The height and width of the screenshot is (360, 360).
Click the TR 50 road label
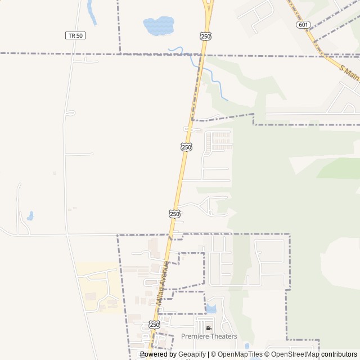point(75,35)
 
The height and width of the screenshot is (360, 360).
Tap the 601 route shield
point(303,25)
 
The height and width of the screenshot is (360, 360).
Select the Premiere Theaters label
point(209,336)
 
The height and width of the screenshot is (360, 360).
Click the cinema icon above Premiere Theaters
point(209,328)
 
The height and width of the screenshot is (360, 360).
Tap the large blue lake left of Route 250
point(158,25)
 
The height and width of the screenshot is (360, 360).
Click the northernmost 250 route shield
point(205,36)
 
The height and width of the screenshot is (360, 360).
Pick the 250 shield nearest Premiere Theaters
point(155,325)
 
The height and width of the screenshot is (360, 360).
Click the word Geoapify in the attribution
point(192,354)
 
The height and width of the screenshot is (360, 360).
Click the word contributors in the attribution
point(339,354)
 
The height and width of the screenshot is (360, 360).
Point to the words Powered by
point(159,354)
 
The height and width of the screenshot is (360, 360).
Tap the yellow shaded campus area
point(98,287)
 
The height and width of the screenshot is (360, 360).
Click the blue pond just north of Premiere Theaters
point(211,308)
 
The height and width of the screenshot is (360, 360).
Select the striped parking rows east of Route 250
point(221,141)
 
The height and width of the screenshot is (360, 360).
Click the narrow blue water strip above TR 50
point(91,12)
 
